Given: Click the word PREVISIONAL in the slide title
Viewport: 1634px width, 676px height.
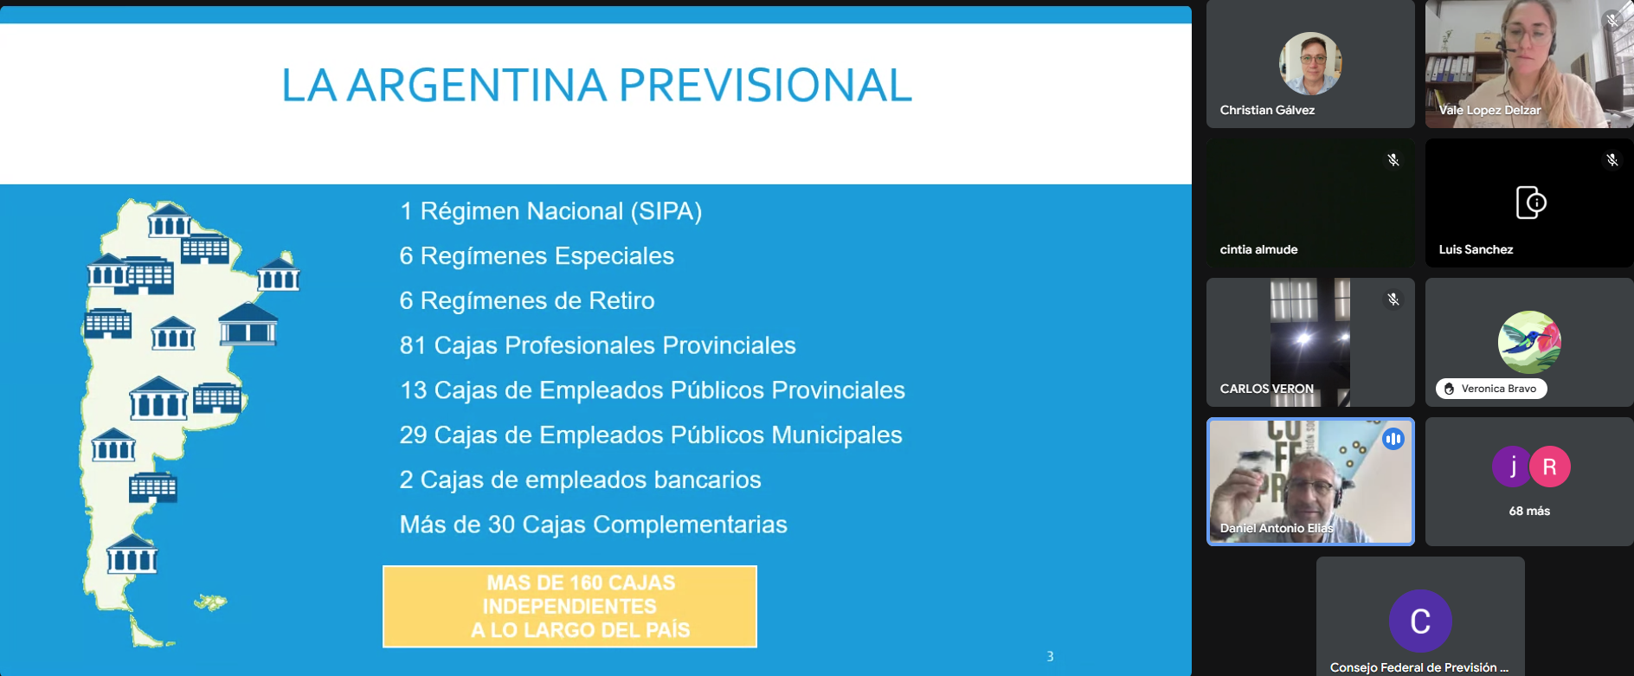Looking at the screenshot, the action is (765, 85).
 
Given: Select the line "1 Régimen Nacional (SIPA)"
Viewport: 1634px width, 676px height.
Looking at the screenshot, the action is (550, 211).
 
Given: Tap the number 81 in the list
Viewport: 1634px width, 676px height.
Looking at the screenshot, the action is (413, 345).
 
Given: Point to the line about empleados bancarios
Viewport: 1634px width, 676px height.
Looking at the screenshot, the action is (580, 480).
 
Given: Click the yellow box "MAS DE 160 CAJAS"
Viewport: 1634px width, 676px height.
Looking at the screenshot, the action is (569, 606).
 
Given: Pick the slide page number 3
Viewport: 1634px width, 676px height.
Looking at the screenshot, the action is (1050, 656).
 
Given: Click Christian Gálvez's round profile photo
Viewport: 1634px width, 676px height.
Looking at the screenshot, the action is (1310, 63).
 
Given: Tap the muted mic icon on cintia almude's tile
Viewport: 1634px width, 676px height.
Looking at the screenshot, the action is (1393, 160).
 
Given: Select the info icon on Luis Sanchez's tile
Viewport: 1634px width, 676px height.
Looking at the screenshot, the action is (1530, 203).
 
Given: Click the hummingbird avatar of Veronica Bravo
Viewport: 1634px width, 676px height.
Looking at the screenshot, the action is (1529, 342).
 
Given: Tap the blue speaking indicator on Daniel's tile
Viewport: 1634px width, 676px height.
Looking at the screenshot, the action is (1393, 439).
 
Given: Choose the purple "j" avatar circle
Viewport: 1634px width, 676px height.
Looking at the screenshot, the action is (1512, 467).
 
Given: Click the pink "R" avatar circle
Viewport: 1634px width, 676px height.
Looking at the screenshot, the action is (1550, 467).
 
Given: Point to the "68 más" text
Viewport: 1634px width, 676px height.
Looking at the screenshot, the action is (1529, 511).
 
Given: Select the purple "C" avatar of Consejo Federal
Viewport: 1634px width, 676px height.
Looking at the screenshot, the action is (1420, 621).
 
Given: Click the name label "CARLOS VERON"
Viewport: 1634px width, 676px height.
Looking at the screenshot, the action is (1266, 389).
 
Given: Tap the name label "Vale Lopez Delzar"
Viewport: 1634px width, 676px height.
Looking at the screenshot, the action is (1489, 110).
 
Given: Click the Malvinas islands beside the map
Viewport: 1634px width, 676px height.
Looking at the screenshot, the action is (210, 602).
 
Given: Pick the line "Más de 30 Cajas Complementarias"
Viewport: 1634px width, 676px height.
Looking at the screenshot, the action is (593, 525).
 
